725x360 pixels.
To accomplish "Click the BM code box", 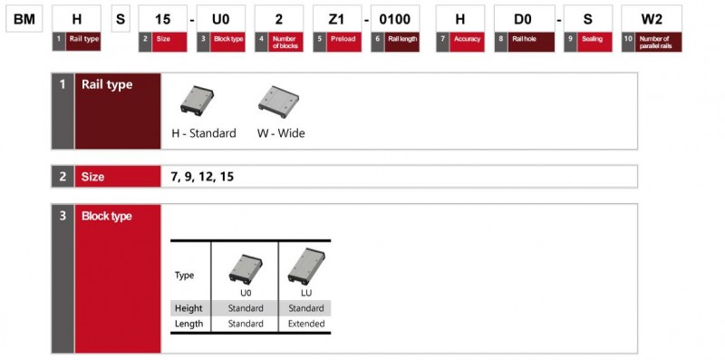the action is (24, 19).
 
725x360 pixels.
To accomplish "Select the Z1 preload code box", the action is (337, 19).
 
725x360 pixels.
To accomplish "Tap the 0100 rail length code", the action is (395, 19).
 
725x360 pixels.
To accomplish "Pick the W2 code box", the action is (652, 19).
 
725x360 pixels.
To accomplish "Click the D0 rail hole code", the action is (525, 19).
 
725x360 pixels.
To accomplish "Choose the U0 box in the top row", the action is (221, 19).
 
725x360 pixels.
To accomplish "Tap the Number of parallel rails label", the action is (659, 42).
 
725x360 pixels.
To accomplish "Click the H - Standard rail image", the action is (197, 101).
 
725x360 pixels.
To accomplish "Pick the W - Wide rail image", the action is (279, 102).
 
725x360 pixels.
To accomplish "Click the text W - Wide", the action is (281, 133).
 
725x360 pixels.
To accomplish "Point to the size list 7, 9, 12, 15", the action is (202, 177).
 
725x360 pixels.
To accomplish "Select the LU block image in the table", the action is (306, 266).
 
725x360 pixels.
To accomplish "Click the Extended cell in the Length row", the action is (306, 324).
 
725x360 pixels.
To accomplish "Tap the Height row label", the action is (188, 308).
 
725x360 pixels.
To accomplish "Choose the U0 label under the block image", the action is (246, 293).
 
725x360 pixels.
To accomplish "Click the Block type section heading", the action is (107, 216).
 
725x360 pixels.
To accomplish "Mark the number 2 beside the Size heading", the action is (63, 177).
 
